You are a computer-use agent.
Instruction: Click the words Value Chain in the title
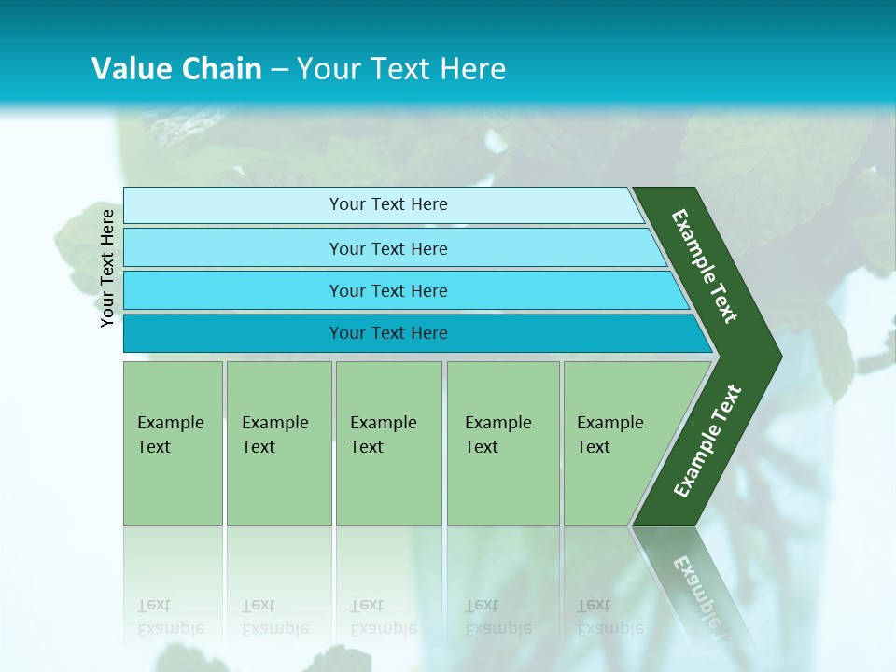[x=176, y=69]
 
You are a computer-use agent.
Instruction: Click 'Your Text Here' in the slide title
[x=401, y=69]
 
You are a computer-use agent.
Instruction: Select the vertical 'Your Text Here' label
[x=107, y=268]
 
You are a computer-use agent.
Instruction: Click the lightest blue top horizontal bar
[x=388, y=204]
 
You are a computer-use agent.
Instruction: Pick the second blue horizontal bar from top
[x=388, y=248]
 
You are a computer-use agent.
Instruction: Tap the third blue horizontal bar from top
[x=388, y=290]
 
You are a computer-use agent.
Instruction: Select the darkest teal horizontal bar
[x=388, y=333]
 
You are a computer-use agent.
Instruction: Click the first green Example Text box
[x=173, y=443]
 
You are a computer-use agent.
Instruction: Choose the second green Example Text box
[x=278, y=443]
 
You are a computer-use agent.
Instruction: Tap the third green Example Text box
[x=388, y=443]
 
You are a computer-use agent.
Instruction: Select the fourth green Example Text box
[x=502, y=443]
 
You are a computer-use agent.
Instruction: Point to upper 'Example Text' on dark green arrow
[x=705, y=266]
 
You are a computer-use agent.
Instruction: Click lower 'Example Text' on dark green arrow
[x=707, y=441]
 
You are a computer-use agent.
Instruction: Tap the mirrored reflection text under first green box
[x=170, y=618]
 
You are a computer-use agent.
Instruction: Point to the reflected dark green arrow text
[x=700, y=590]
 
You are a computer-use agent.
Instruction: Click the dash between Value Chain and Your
[x=279, y=70]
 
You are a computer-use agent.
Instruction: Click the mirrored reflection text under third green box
[x=383, y=618]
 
